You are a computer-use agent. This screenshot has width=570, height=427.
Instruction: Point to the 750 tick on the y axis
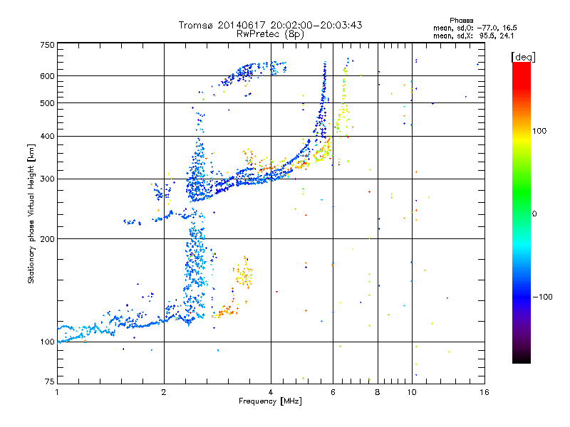pos(47,44)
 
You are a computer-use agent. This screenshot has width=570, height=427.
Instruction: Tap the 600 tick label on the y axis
pos(47,75)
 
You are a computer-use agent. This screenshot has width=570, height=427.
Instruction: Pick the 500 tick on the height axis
pos(47,102)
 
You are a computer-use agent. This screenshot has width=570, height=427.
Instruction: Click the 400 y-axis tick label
pos(47,136)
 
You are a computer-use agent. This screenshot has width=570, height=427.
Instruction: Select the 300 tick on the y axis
pos(47,179)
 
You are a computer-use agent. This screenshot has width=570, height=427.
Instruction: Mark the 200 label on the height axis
pos(47,238)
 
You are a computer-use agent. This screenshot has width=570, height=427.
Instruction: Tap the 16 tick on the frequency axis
pos(484,392)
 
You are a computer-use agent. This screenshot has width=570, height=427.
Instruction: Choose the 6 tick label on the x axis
pos(333,392)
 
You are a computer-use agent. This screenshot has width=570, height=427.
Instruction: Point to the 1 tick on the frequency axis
pos(57,392)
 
